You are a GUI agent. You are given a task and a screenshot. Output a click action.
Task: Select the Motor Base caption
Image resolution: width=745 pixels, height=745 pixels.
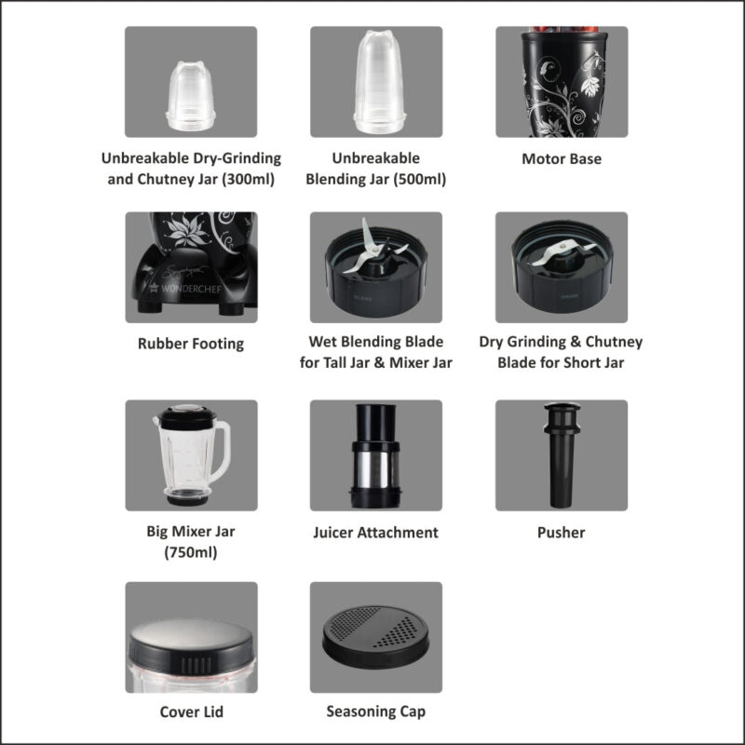(x=562, y=159)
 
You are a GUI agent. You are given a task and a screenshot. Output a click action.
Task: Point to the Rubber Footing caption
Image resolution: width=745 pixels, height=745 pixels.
(x=191, y=344)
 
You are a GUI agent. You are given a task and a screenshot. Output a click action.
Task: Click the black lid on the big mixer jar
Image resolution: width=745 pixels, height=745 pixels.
(x=182, y=415)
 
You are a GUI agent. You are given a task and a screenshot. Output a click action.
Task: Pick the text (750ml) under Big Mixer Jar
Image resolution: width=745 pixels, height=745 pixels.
(x=191, y=552)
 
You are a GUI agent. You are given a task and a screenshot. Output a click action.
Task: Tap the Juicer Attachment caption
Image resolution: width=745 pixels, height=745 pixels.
(x=375, y=533)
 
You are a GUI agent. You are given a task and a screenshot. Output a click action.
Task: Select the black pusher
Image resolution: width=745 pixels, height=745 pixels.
(x=561, y=456)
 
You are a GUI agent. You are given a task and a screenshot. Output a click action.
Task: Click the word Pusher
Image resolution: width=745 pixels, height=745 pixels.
(x=562, y=533)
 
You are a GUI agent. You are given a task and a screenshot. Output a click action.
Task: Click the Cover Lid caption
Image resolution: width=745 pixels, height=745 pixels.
(x=191, y=712)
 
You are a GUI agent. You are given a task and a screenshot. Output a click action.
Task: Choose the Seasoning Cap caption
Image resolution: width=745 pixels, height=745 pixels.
(x=375, y=712)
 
